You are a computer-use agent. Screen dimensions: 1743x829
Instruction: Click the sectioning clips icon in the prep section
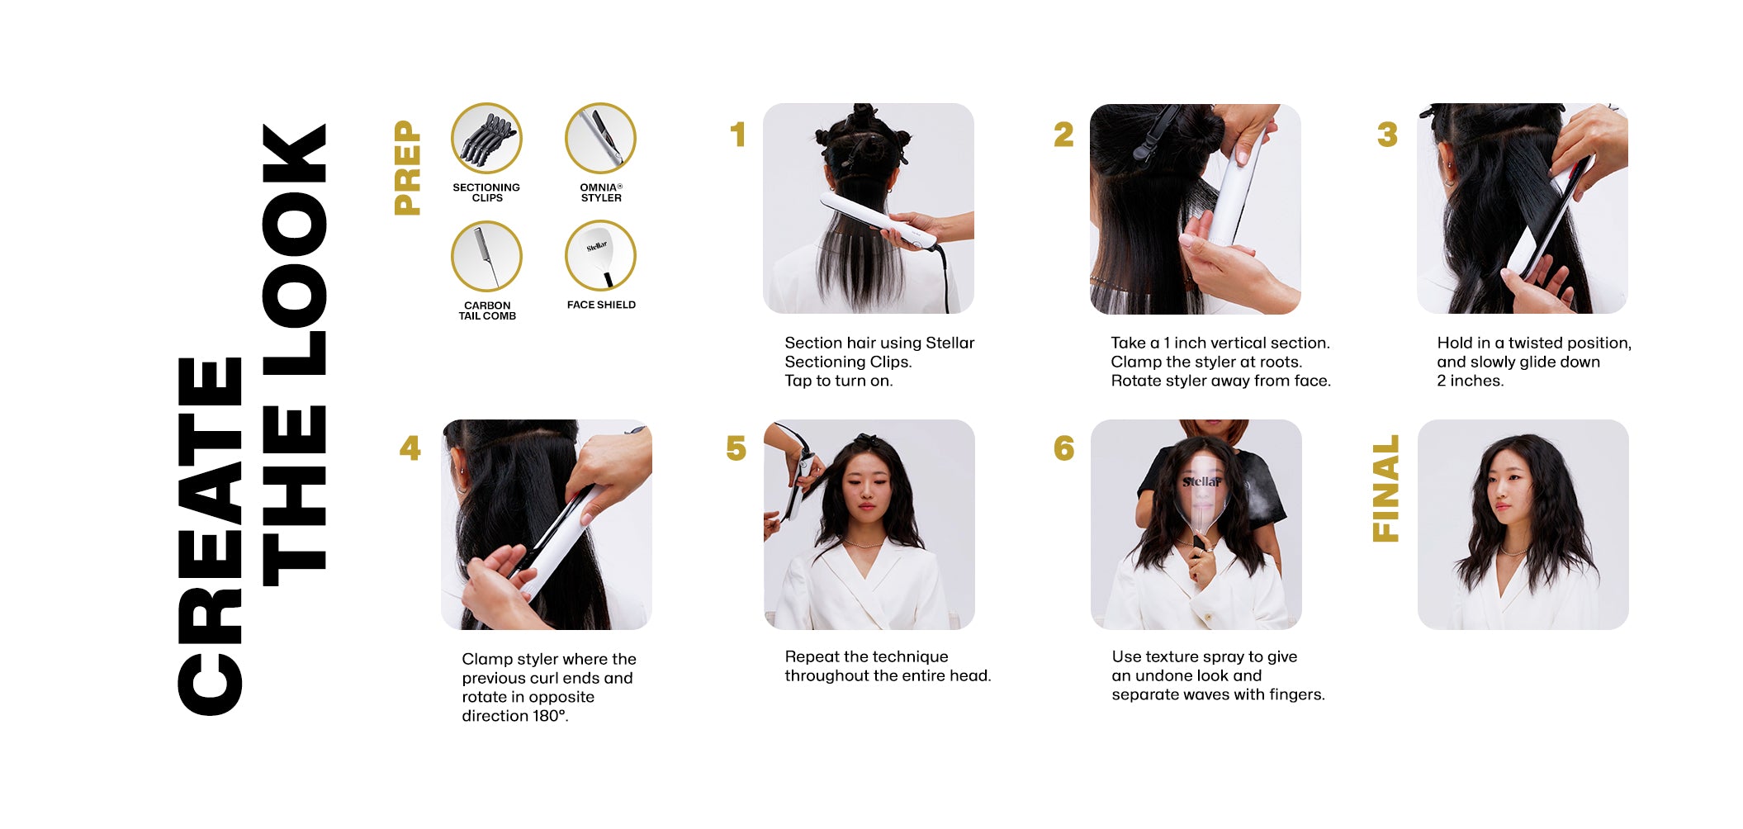point(486,138)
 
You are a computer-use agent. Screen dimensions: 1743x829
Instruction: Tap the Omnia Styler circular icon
point(600,138)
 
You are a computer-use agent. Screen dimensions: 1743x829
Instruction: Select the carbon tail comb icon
point(486,256)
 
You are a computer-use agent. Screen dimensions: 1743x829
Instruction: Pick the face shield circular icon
point(600,256)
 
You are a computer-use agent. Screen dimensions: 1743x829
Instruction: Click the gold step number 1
point(738,135)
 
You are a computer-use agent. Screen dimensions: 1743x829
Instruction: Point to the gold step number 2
point(1063,135)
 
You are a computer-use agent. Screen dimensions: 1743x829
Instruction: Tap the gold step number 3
point(1387,135)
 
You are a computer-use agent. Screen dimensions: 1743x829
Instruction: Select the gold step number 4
point(410,448)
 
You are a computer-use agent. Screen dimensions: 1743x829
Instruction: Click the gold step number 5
point(736,448)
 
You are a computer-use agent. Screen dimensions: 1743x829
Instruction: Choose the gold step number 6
point(1063,448)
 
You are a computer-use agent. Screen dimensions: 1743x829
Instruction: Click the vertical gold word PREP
point(408,168)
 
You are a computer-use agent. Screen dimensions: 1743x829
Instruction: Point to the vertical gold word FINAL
point(1385,488)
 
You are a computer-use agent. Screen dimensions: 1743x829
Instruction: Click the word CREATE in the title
point(210,536)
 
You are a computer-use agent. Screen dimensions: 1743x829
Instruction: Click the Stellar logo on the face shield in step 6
point(1201,481)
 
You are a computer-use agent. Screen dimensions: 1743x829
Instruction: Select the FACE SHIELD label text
point(601,305)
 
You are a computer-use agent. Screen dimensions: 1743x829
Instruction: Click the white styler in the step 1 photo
point(879,221)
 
